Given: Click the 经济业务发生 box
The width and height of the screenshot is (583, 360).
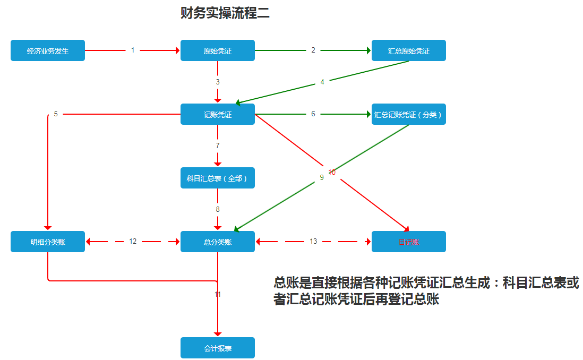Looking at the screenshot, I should pyautogui.click(x=48, y=51).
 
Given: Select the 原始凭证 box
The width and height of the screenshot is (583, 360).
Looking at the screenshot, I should pyautogui.click(x=218, y=51).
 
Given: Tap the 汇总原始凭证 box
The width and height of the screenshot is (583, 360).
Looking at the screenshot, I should pyautogui.click(x=409, y=51).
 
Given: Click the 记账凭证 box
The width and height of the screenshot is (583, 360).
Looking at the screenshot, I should pyautogui.click(x=218, y=115).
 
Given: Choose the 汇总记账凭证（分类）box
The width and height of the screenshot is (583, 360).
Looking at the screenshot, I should pyautogui.click(x=409, y=115).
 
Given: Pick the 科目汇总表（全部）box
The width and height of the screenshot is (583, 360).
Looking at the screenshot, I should pyautogui.click(x=218, y=178).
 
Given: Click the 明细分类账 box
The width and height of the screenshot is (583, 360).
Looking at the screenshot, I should pyautogui.click(x=48, y=242).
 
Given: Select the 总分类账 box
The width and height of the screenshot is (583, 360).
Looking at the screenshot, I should pyautogui.click(x=218, y=242).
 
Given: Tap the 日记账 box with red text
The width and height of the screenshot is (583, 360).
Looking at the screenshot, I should pyautogui.click(x=409, y=242).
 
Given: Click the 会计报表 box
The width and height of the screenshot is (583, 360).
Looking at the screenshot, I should pyautogui.click(x=218, y=348).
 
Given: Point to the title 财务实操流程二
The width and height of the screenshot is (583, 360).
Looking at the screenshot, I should pyautogui.click(x=225, y=13).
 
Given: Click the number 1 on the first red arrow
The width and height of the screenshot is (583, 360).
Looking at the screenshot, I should pyautogui.click(x=133, y=50).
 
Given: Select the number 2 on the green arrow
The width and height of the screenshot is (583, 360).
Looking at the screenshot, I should pyautogui.click(x=313, y=50).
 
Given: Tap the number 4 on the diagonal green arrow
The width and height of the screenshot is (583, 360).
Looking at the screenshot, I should pyautogui.click(x=322, y=82).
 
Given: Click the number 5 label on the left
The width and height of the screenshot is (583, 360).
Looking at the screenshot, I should pyautogui.click(x=56, y=114).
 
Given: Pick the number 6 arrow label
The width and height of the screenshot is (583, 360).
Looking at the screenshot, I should pyautogui.click(x=313, y=114).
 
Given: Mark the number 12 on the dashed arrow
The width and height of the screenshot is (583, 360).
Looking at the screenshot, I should pyautogui.click(x=133, y=242).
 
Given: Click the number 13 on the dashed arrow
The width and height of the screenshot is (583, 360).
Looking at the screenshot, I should pyautogui.click(x=313, y=242).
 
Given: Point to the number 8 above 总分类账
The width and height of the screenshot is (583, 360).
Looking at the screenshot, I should pyautogui.click(x=218, y=210).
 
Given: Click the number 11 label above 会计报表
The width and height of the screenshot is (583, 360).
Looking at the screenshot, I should pyautogui.click(x=218, y=294).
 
